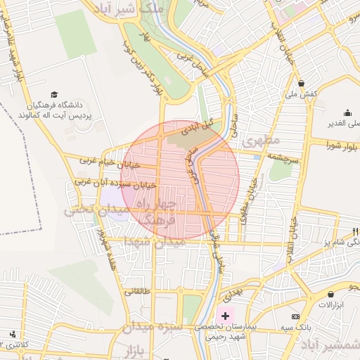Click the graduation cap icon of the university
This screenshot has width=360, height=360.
pos(54,94)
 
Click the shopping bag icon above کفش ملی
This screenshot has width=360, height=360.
pos(300,83)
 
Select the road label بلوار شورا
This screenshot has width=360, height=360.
pos(342,145)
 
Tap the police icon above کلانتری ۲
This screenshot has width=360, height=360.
pos(13,334)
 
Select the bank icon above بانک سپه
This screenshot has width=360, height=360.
pos(295,317)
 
